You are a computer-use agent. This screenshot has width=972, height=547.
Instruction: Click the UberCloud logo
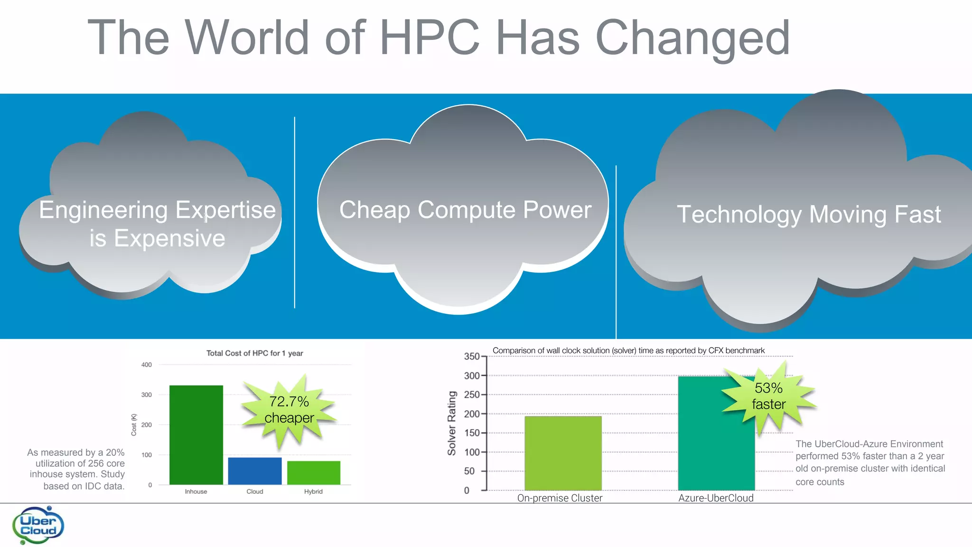click(x=38, y=525)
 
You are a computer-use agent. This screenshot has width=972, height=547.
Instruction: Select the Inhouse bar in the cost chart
click(x=196, y=434)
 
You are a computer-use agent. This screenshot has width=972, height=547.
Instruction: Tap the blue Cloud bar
click(x=255, y=471)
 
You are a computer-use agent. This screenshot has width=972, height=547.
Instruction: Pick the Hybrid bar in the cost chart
click(x=314, y=472)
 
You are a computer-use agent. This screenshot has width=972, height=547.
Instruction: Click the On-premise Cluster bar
click(x=563, y=453)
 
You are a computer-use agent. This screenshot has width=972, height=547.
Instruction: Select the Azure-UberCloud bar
click(x=716, y=433)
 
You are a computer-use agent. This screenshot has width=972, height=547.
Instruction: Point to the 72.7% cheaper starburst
click(x=289, y=410)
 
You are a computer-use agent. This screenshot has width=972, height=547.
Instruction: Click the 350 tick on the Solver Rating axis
click(x=472, y=357)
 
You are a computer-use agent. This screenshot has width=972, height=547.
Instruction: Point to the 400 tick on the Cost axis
click(x=147, y=365)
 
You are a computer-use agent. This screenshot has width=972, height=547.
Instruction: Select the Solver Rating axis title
click(x=451, y=423)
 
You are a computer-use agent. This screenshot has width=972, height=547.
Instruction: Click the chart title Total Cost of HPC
click(x=254, y=353)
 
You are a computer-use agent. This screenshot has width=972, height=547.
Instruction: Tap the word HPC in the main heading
click(x=430, y=38)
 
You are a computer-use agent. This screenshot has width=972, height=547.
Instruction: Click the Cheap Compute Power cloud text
click(x=465, y=210)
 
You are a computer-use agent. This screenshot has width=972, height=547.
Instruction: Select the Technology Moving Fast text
click(x=809, y=214)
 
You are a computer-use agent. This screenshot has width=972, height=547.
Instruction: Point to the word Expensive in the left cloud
click(x=169, y=238)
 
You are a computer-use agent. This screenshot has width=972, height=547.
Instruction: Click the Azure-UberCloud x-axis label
click(x=716, y=498)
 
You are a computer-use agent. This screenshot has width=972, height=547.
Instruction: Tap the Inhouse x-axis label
click(x=196, y=491)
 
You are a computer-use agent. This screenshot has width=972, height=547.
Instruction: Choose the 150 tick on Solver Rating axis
click(x=472, y=433)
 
